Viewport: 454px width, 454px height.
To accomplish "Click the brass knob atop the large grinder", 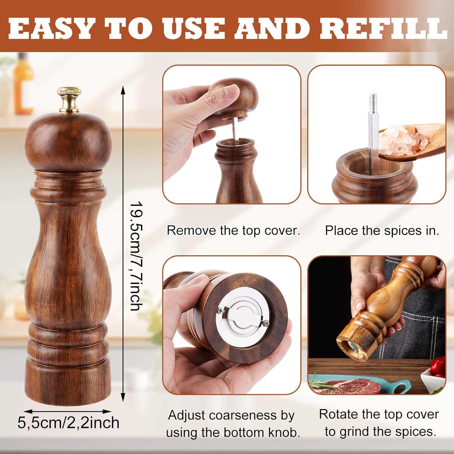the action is coord(69,100).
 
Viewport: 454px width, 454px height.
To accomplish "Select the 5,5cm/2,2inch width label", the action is coord(68,423).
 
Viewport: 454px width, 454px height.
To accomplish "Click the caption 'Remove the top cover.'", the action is coord(233,231).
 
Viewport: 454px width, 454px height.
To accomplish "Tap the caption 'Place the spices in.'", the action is coord(382,231).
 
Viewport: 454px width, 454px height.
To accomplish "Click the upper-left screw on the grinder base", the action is coord(220,310).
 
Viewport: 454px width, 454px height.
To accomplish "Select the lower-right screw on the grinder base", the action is coord(266,323).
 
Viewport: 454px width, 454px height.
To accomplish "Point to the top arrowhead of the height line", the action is coord(123,90).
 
